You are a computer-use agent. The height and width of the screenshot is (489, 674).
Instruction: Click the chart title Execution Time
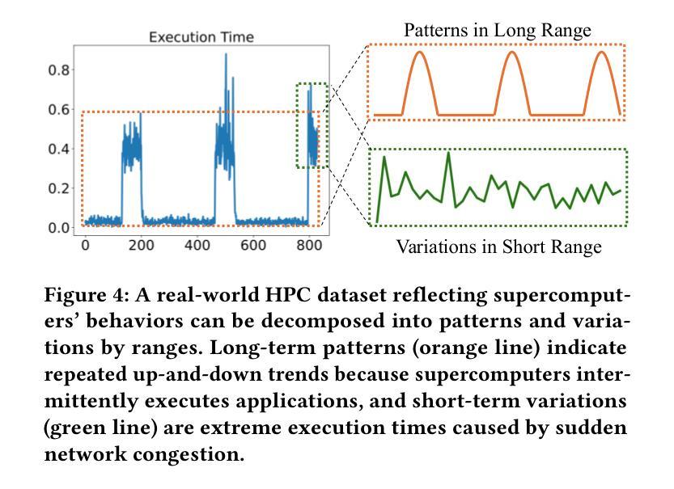201,37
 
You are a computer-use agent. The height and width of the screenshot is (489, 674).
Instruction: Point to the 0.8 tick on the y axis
59,70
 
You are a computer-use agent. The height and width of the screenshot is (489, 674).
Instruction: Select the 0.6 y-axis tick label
59,109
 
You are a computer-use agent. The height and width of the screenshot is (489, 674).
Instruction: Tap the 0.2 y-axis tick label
59,188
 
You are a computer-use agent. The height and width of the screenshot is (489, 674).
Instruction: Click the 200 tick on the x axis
141,245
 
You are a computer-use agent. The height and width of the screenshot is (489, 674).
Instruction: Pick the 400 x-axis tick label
197,245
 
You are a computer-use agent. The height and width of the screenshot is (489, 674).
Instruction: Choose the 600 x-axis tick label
252,245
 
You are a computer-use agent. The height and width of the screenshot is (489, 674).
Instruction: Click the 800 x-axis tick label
309,245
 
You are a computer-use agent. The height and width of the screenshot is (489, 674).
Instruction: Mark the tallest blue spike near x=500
226,54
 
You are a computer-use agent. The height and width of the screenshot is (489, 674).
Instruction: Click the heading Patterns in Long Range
498,30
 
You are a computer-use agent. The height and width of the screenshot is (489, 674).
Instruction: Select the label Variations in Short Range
498,247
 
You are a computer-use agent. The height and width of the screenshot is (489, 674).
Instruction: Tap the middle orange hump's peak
512,52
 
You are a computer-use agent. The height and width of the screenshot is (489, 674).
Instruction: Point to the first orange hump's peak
420,52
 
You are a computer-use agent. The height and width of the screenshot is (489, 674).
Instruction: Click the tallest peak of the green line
448,153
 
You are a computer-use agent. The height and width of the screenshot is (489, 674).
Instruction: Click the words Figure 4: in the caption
87,295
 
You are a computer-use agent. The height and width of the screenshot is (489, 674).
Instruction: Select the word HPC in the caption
287,295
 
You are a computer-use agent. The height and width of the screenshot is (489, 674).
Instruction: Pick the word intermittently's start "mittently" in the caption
93,401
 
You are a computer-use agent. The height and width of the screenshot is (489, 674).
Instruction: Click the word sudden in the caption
591,428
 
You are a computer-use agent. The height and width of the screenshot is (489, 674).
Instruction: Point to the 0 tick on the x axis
85,245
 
